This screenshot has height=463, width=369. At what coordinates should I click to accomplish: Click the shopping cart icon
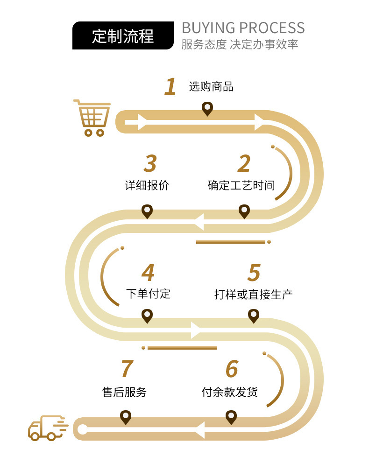click(92, 118)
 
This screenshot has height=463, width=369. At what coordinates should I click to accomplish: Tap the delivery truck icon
click(47, 428)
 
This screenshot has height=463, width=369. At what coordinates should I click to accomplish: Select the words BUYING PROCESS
click(243, 28)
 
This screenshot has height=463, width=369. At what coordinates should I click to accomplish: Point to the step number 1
click(170, 87)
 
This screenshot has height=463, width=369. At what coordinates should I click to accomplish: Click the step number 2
click(244, 164)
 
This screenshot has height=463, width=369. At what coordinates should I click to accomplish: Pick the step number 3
click(150, 164)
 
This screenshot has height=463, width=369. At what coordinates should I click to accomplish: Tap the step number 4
click(148, 273)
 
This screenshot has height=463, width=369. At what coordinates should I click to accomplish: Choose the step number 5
click(254, 273)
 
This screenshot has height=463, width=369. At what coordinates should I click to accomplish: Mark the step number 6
click(232, 369)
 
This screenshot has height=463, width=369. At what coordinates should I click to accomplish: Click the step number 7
click(127, 369)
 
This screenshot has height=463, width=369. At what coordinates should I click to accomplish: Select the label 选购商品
click(211, 87)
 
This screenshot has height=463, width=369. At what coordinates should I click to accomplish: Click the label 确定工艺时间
click(241, 185)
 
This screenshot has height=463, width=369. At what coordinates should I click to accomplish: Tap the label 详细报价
click(147, 185)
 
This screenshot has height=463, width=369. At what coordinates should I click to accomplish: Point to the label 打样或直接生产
click(254, 295)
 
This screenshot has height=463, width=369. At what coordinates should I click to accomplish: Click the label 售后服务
click(124, 392)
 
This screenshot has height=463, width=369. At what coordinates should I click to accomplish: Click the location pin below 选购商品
click(207, 109)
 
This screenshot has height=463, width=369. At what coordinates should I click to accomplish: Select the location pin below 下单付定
click(147, 316)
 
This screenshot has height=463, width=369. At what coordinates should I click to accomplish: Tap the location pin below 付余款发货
click(231, 417)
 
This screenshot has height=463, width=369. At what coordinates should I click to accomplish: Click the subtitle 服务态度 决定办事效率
click(240, 45)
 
